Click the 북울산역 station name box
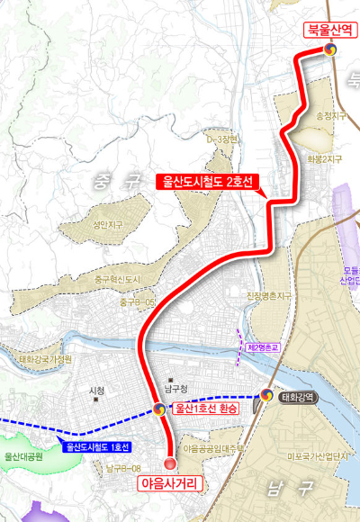[330, 31]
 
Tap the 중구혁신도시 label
[118, 280]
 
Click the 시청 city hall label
[97, 391]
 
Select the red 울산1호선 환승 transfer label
[206, 409]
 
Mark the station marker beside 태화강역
[266, 395]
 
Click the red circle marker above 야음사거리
[171, 463]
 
